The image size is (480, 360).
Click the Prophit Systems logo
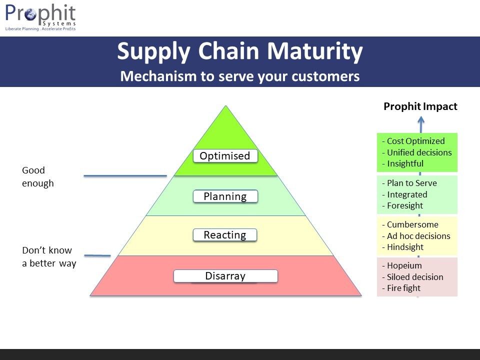(x=40, y=17)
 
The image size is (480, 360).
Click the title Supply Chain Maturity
(x=240, y=51)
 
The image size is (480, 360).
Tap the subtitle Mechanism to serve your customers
(x=240, y=76)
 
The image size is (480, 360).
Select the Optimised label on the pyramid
(x=225, y=156)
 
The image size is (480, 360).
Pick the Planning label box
(x=225, y=196)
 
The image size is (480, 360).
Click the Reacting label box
(x=225, y=235)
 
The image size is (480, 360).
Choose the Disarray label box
(x=225, y=276)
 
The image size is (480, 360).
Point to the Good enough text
(x=38, y=177)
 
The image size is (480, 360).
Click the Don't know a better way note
(x=48, y=256)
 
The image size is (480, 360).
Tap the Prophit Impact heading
(x=420, y=106)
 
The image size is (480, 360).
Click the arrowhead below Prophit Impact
(x=421, y=120)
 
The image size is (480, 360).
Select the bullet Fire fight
(x=403, y=288)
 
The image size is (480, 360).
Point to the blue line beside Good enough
(x=125, y=175)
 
